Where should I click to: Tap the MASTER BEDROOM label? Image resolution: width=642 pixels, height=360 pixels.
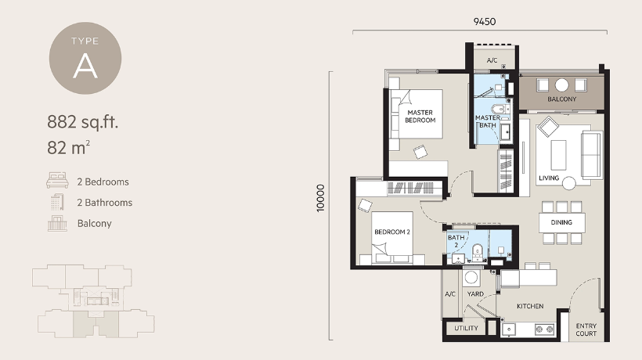point(420,117)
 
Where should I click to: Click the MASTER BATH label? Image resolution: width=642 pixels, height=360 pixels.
point(487,122)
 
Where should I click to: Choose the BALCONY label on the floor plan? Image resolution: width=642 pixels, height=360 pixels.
point(561,99)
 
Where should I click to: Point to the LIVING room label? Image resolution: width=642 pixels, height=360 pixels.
point(549,178)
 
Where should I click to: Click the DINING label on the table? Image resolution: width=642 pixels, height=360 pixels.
point(561,222)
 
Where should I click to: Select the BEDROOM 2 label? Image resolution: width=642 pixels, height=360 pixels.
point(392,232)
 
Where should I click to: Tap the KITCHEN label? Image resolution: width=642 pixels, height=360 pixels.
point(530,306)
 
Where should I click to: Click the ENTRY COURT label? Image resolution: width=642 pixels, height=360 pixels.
point(586,329)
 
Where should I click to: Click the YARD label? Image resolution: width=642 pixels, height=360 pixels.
point(474,294)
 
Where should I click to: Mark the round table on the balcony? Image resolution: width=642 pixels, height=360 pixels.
point(561,85)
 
